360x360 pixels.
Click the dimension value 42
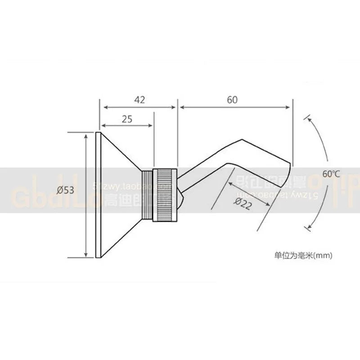pyautogui.click(x=139, y=100)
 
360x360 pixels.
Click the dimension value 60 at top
pyautogui.click(x=232, y=100)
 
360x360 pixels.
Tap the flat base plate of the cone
pyautogui.click(x=98, y=195)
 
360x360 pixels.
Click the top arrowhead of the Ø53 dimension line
pyautogui.click(x=85, y=135)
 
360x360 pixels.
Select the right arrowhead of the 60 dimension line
pyautogui.click(x=290, y=107)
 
